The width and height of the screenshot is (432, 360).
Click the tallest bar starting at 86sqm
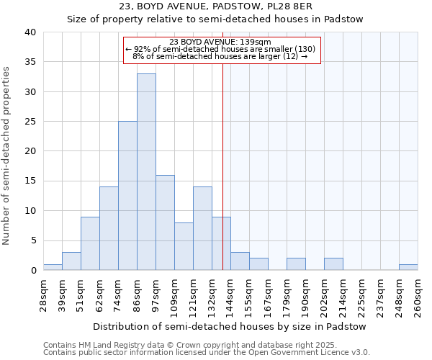[x=146, y=172]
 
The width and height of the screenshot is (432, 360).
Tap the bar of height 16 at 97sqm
[x=165, y=222]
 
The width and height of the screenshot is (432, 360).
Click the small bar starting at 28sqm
[x=53, y=267]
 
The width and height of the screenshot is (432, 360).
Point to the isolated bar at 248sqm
[x=408, y=267]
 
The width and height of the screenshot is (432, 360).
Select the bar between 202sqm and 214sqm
[x=333, y=264]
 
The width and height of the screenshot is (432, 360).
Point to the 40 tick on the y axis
[x=30, y=32]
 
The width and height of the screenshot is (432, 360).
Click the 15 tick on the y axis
[x=30, y=181]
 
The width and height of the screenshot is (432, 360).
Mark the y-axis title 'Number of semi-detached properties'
[x=7, y=156]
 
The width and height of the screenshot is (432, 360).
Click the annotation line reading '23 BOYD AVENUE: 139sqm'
[x=220, y=42]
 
